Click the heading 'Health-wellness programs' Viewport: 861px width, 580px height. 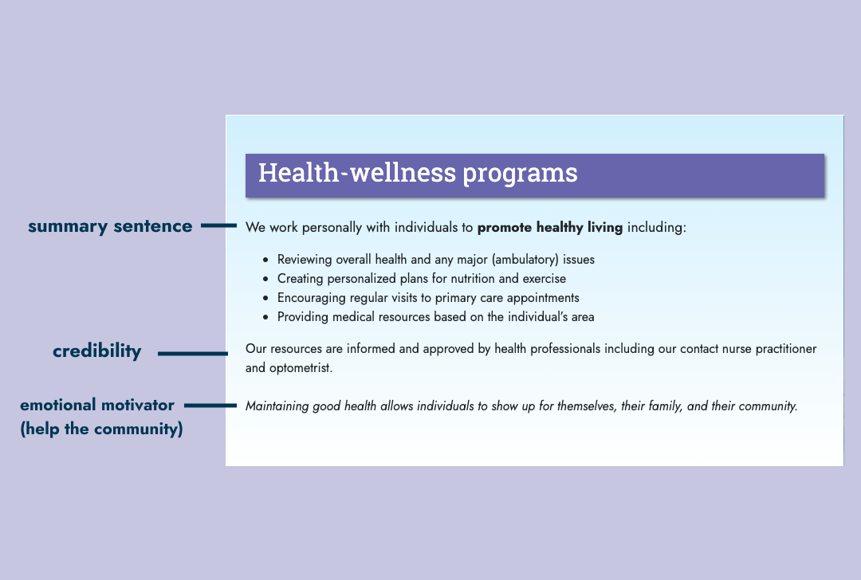pyautogui.click(x=418, y=174)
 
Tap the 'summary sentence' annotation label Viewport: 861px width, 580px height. pyautogui.click(x=110, y=226)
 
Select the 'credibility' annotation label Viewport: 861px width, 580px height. pyautogui.click(x=97, y=351)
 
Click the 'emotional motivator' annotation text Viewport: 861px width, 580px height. pyautogui.click(x=97, y=405)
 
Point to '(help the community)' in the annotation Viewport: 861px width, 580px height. pyautogui.click(x=101, y=429)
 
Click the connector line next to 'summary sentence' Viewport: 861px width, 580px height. pyautogui.click(x=218, y=225)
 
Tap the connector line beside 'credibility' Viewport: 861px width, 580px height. pyautogui.click(x=193, y=354)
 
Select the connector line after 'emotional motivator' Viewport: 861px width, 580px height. pyautogui.click(x=210, y=406)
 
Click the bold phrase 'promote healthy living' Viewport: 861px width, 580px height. pyautogui.click(x=549, y=227)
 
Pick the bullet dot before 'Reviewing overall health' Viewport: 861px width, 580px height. pyautogui.click(x=265, y=260)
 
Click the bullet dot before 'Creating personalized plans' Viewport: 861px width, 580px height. pyautogui.click(x=265, y=280)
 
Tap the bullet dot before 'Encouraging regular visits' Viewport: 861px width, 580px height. pyautogui.click(x=265, y=299)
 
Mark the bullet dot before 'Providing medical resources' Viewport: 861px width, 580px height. pyautogui.click(x=265, y=318)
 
